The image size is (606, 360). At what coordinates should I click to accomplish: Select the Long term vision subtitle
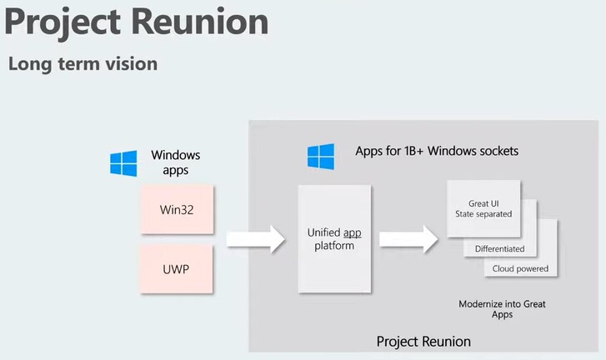83,63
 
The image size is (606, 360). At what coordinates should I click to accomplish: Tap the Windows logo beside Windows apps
123,163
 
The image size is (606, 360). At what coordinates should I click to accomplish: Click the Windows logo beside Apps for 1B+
321,156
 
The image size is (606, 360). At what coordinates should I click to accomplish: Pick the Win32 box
177,207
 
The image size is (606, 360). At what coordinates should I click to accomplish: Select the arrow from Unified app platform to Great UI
408,239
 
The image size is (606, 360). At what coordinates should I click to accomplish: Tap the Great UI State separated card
483,207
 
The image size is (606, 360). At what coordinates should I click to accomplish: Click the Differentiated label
499,248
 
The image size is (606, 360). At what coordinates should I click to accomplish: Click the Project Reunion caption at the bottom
423,342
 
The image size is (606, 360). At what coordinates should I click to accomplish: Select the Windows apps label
175,162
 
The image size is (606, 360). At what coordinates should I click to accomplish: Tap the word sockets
495,151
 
